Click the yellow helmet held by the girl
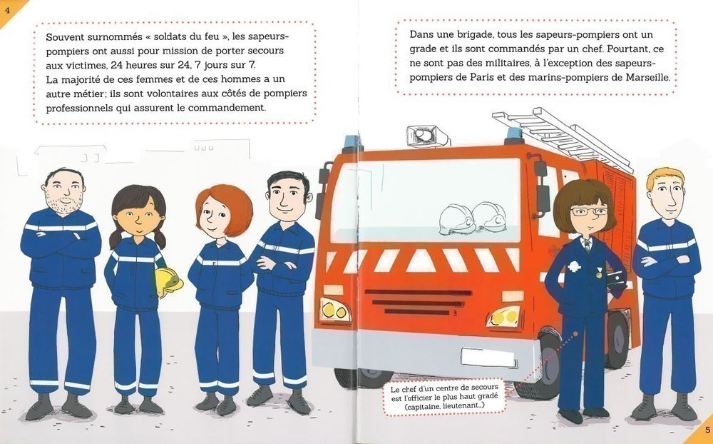click(169, 282)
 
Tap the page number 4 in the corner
click(7, 9)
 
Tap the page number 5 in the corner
click(707, 430)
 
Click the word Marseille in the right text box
click(647, 77)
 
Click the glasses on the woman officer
click(589, 211)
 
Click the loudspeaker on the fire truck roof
click(424, 135)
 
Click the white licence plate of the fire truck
click(488, 358)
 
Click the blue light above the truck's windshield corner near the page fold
click(353, 141)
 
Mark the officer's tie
click(588, 246)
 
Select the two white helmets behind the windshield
click(473, 218)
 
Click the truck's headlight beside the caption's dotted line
click(503, 317)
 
